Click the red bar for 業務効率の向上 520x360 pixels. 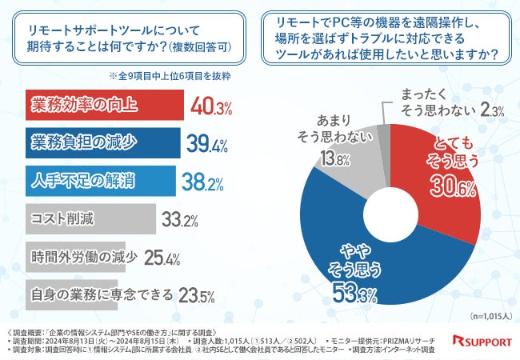tap(103, 105)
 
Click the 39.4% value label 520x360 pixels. tap(208, 143)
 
